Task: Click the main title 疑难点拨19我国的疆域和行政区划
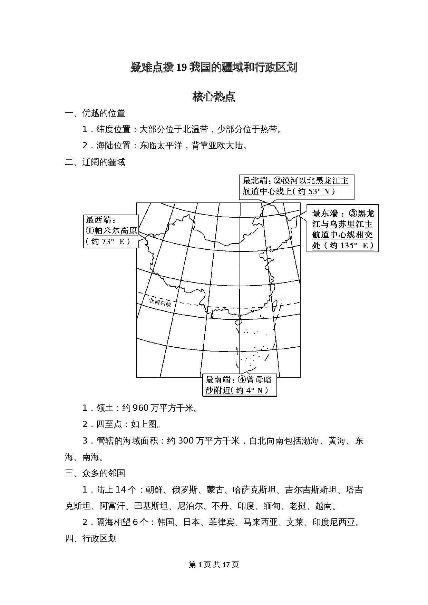coord(214,68)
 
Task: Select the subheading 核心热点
coord(214,97)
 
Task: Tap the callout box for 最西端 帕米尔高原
coord(111,231)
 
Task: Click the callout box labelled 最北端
coord(296,187)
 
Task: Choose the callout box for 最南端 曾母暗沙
coord(239,385)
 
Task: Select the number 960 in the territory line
coord(140,408)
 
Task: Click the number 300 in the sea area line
coord(185,441)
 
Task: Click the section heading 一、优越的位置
coord(95,113)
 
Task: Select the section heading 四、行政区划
coord(91,538)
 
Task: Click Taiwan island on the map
coord(275,305)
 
